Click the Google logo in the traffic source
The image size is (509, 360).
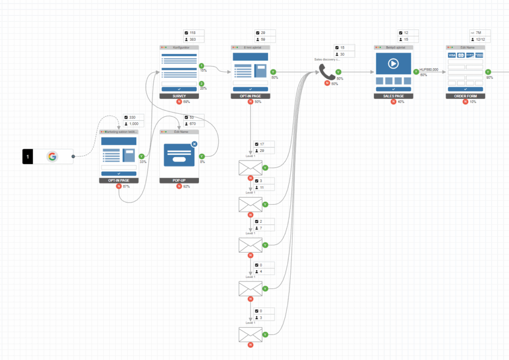coord(52,157)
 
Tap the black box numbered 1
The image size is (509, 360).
coord(28,157)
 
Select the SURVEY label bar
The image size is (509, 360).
coord(179,95)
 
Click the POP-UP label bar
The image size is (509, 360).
coord(179,180)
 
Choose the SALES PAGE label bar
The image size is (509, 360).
coord(393,95)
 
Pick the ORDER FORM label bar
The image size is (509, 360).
coord(465,95)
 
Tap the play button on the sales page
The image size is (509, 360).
coord(393,64)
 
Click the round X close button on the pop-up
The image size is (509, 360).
coord(194,144)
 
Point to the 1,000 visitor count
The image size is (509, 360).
coord(135,124)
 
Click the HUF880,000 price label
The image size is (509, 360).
coord(429,70)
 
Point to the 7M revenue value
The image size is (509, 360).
coord(478,33)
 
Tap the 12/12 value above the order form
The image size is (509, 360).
coord(480,39)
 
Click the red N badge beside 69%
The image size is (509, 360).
coord(178,102)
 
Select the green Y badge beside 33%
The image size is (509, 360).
coord(141,156)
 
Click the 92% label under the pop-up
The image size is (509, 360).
coord(186,186)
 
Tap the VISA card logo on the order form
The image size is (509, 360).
coord(452,55)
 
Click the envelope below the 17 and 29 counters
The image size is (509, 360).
coord(250,168)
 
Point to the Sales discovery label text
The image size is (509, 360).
coord(326,59)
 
